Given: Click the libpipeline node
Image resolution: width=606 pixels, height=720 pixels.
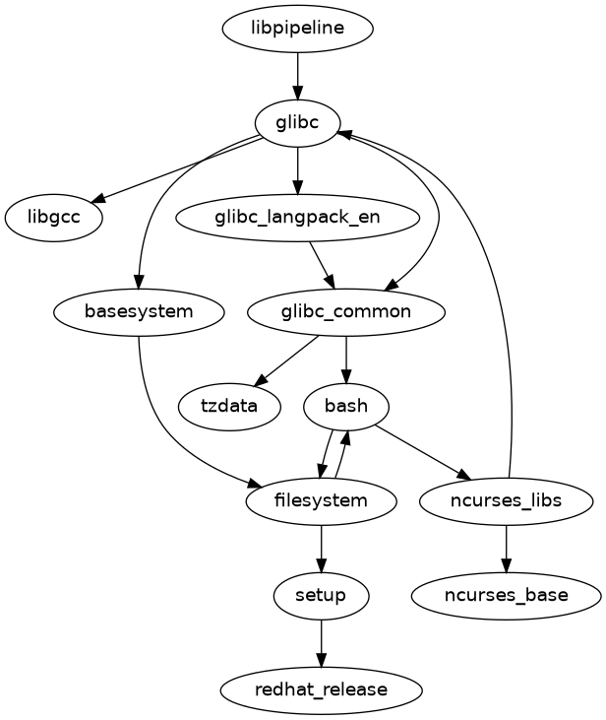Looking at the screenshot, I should point(297,28).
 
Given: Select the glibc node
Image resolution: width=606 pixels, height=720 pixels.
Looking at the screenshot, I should point(297,122).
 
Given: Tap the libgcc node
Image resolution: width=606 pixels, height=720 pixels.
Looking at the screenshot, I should point(54,217).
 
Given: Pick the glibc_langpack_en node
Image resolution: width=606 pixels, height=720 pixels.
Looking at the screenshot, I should point(297,217).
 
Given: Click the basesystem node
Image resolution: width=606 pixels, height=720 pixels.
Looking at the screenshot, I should point(139,312).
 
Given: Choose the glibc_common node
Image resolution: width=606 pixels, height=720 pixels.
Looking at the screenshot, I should point(346,312).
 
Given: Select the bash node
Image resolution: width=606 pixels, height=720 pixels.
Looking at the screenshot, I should point(346,406).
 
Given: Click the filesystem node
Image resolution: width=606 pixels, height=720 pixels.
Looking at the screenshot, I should point(322,500).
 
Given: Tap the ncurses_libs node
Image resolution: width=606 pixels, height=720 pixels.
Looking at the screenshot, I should point(506,500).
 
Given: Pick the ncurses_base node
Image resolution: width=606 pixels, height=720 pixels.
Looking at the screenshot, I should point(506,595).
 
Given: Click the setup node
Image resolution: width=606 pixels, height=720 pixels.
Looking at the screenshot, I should point(322,595).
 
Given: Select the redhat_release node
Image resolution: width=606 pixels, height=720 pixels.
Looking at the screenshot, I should point(322,689).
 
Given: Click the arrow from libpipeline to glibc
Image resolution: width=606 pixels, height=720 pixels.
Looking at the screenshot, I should point(297,75).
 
